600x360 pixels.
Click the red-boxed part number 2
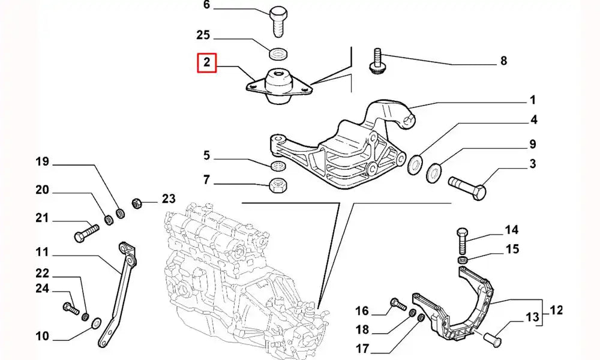click(206, 62)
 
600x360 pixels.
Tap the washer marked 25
click(278, 55)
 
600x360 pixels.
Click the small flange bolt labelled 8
click(377, 61)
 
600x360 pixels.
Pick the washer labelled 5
click(278, 165)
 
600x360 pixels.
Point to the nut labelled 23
click(136, 201)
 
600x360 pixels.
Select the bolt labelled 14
click(461, 241)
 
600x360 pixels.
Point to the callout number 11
click(42, 253)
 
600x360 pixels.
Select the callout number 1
click(532, 100)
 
